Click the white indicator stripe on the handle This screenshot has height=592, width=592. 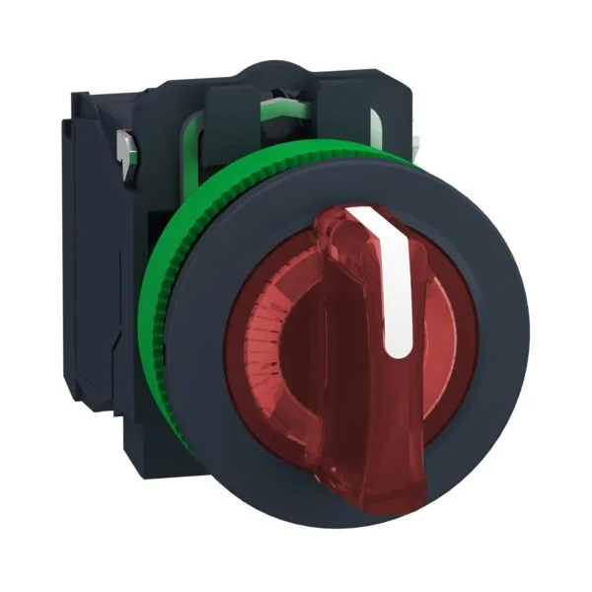pos(398,286)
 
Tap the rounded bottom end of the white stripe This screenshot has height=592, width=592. pos(401,347)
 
